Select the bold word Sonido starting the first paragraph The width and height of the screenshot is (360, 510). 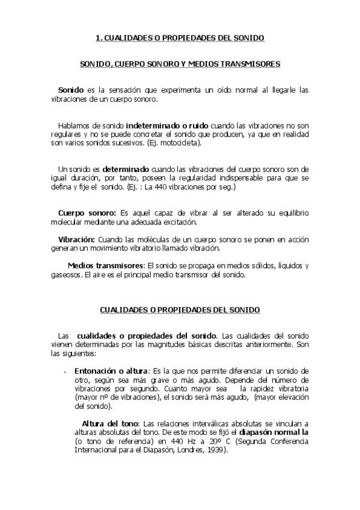point(70,90)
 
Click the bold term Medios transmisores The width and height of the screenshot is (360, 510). point(106,266)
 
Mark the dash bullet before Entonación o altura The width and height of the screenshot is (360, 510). point(65,372)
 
